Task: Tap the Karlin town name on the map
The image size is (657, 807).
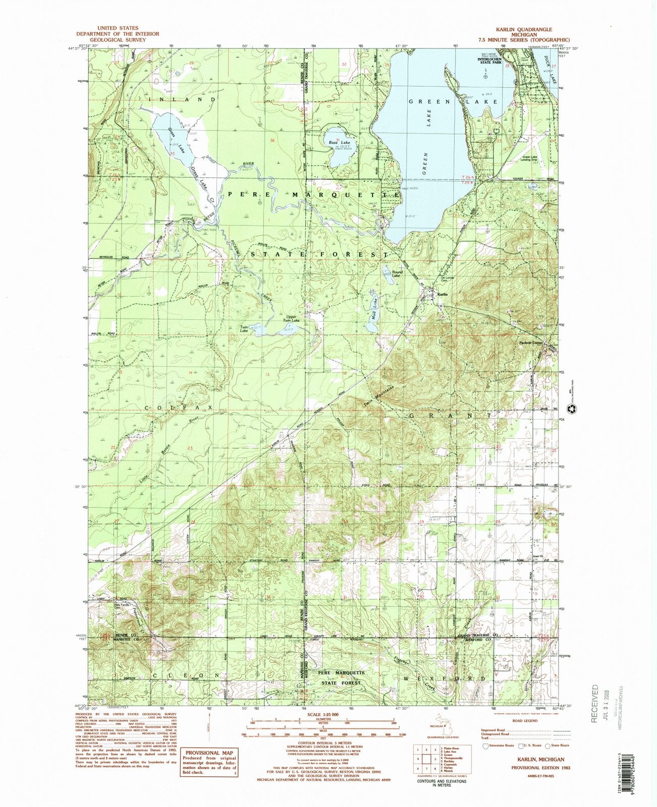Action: (443, 295)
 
